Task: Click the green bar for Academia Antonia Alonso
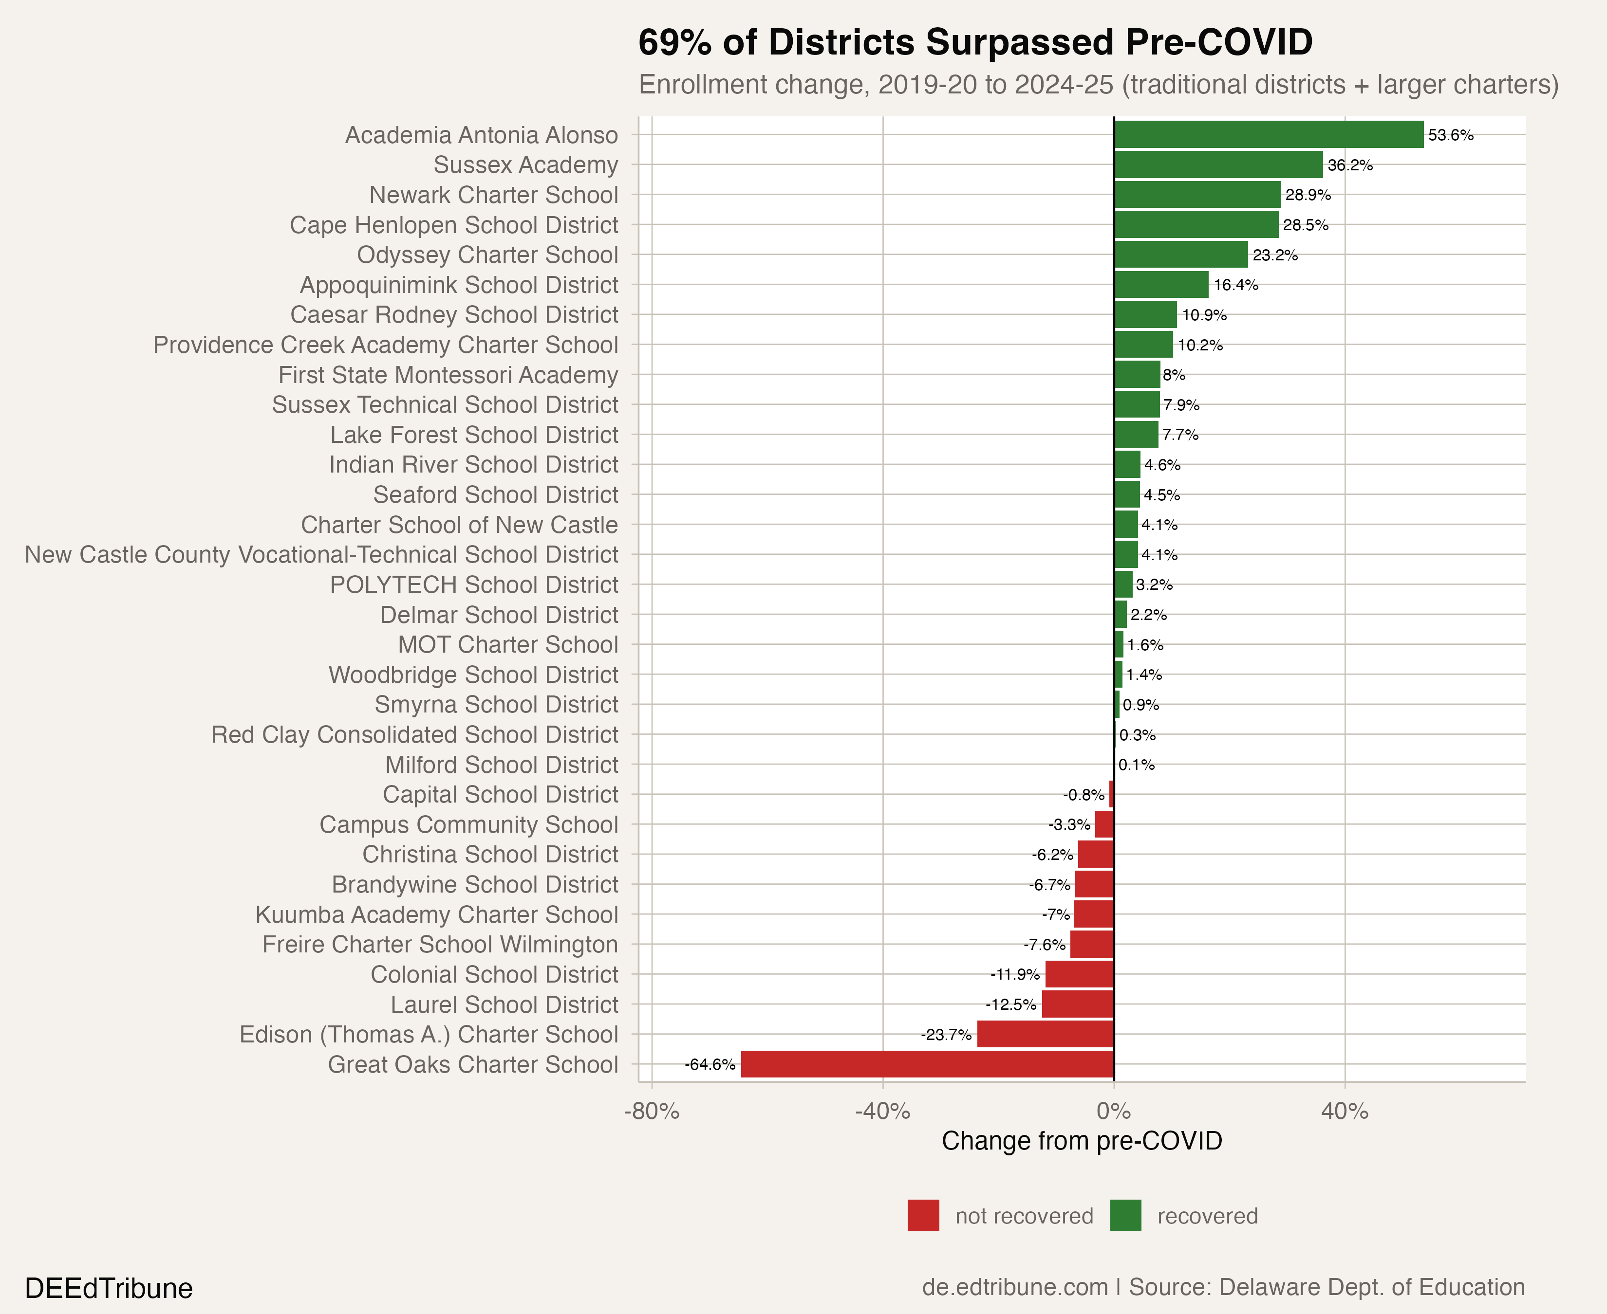pyautogui.click(x=1269, y=135)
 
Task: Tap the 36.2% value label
pyautogui.click(x=1349, y=165)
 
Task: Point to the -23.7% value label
pyautogui.click(x=946, y=1035)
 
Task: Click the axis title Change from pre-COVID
pyautogui.click(x=1082, y=1141)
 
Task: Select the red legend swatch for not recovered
pyautogui.click(x=923, y=1216)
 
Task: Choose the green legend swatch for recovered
pyautogui.click(x=1125, y=1216)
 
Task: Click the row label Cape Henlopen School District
pyautogui.click(x=454, y=225)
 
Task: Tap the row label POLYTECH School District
pyautogui.click(x=474, y=585)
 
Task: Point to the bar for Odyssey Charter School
pyautogui.click(x=1180, y=255)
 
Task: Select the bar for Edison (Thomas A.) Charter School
pyautogui.click(x=1045, y=1035)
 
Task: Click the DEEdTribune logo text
pyautogui.click(x=108, y=1288)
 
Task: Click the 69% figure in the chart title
pyautogui.click(x=674, y=42)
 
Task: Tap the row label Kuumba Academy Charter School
pyautogui.click(x=436, y=914)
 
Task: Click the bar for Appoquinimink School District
pyautogui.click(x=1161, y=285)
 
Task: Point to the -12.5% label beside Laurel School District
pyautogui.click(x=1010, y=1004)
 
